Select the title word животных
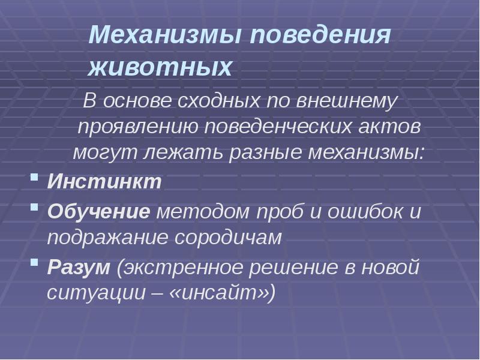pos(160,68)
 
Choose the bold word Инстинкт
pos(104,182)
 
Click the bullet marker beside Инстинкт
pos(35,178)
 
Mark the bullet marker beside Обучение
pos(35,208)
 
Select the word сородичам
pos(227,238)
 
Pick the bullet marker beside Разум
pos(35,264)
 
